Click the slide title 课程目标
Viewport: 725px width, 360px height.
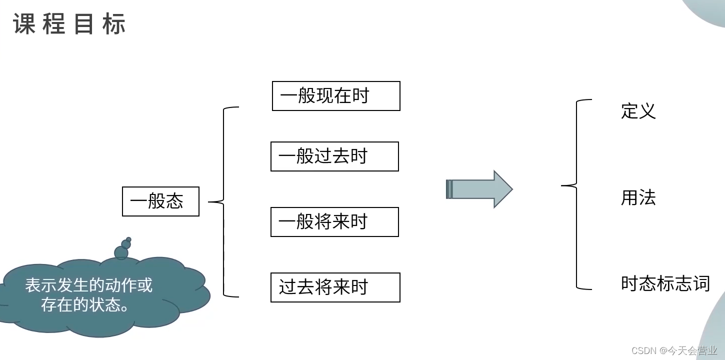[x=69, y=24]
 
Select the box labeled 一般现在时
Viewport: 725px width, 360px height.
[x=336, y=96]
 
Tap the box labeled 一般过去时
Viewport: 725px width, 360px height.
[x=334, y=156]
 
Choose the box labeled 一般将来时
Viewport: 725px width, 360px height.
[x=334, y=222]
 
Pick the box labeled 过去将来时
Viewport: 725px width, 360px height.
[x=335, y=287]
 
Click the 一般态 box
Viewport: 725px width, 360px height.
[x=160, y=201]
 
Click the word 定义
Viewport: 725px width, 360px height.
[x=638, y=111]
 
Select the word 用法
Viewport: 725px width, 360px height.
[x=638, y=198]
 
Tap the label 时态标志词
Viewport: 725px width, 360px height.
[x=665, y=283]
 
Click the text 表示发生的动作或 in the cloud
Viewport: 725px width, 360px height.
[x=89, y=285]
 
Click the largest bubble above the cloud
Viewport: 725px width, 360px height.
[x=121, y=253]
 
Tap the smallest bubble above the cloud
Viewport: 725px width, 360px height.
[x=128, y=239]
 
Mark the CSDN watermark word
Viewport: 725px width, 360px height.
[x=644, y=350]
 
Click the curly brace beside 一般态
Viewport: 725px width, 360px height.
[x=223, y=201]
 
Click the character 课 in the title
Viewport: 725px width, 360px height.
[x=24, y=24]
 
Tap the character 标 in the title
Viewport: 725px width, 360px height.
[x=114, y=24]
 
